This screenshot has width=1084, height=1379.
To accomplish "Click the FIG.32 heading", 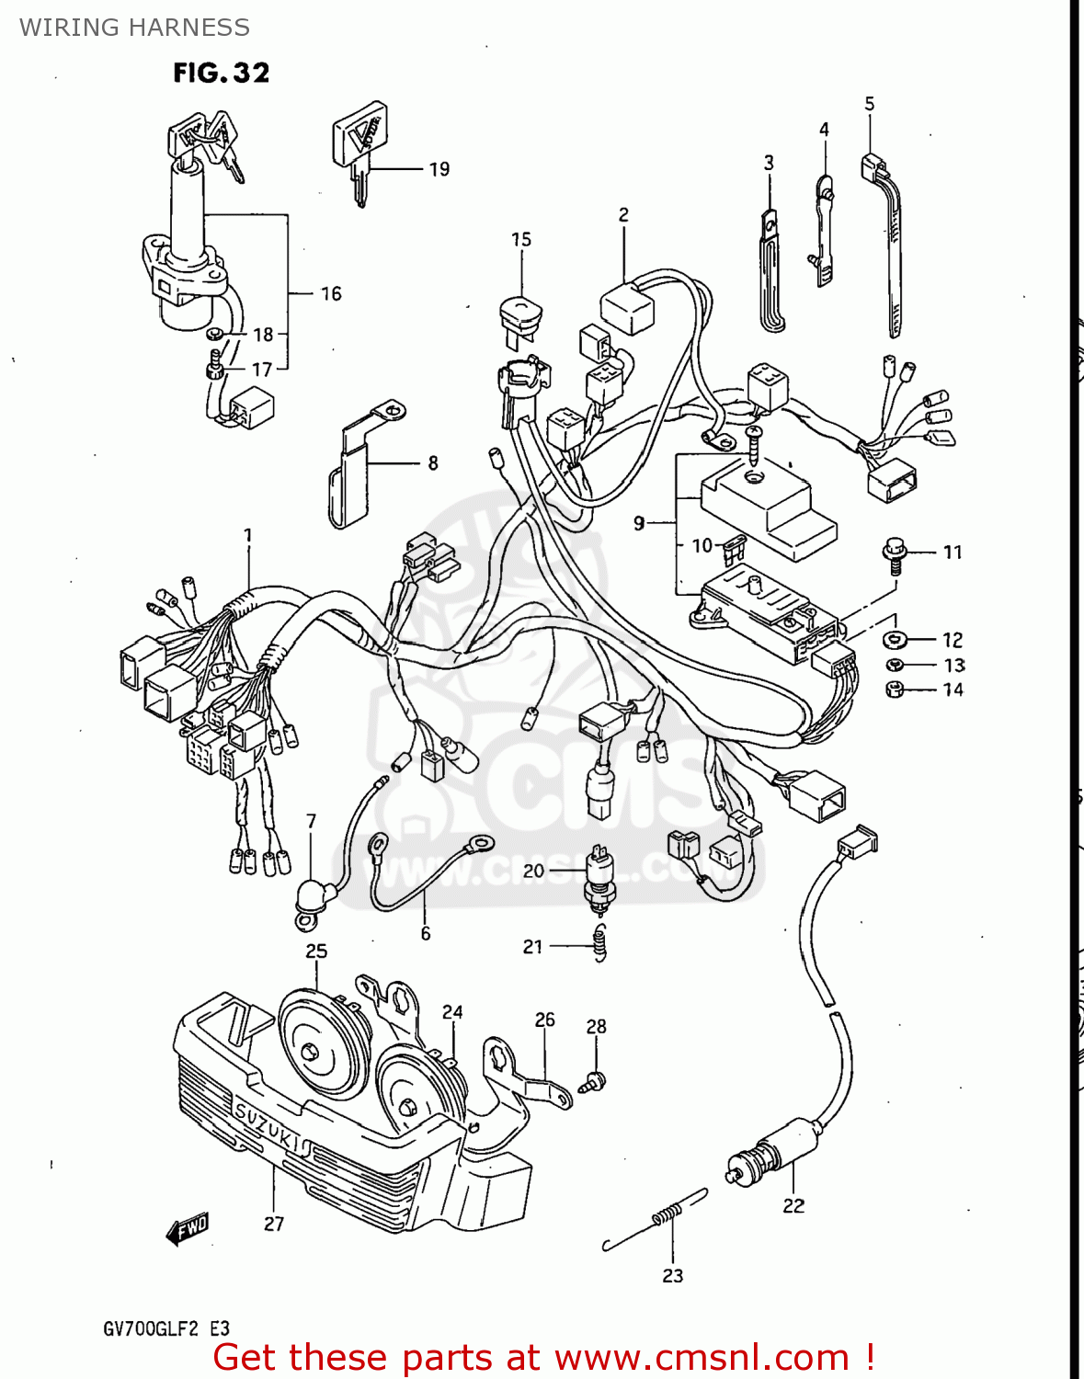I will click(221, 73).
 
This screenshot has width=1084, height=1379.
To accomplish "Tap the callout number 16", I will click(331, 294).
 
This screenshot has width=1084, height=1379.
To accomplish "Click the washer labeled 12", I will click(894, 639).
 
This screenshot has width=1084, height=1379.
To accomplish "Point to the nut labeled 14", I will click(894, 689).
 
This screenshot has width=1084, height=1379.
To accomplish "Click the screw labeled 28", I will click(593, 1082).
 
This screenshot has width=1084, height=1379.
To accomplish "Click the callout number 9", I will click(639, 523).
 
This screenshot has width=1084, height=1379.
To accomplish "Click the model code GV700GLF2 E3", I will click(166, 1329).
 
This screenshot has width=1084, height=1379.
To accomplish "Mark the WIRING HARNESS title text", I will click(134, 28).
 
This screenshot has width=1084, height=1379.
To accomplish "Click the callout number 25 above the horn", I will click(316, 952).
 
